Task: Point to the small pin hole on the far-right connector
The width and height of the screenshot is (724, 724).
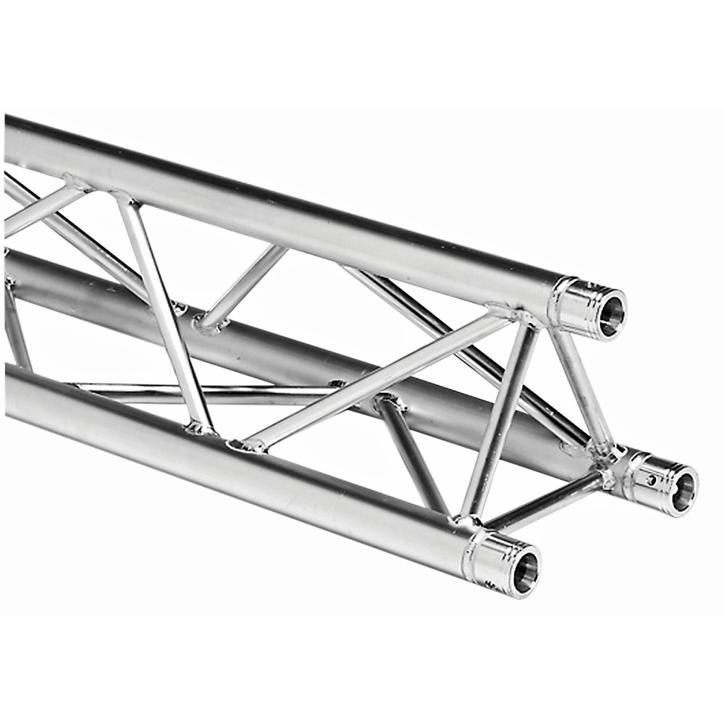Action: pyautogui.click(x=652, y=479)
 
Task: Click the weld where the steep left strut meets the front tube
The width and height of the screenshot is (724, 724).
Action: pyautogui.click(x=198, y=429)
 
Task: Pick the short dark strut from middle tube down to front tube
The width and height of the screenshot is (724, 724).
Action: pyautogui.click(x=413, y=452)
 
